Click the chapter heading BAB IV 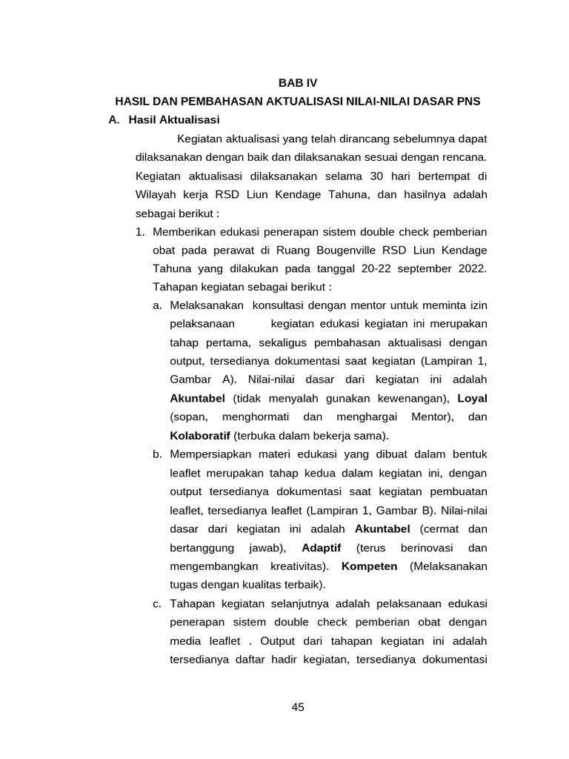point(297,84)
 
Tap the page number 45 point(298,707)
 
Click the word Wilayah point(156,194)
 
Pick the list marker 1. point(140,231)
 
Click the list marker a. point(157,305)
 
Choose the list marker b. point(157,454)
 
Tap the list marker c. point(157,603)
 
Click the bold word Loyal point(472,398)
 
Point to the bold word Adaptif point(322,548)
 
